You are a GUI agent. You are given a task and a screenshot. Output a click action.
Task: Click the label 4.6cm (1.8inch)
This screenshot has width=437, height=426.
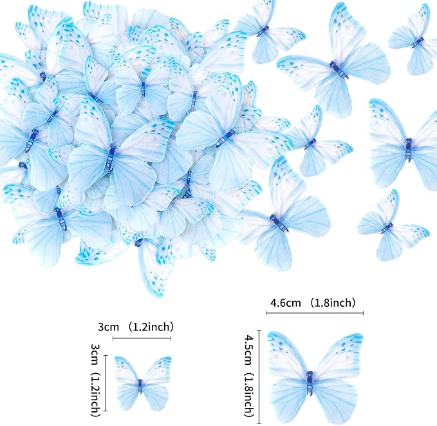tap(313, 303)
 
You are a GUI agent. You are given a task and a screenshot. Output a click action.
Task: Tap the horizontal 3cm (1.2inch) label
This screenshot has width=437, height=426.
tap(136, 327)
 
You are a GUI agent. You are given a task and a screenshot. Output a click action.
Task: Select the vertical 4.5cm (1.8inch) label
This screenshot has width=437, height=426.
tap(248, 376)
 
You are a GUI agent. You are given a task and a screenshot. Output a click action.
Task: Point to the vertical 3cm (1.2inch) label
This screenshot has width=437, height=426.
tap(95, 380)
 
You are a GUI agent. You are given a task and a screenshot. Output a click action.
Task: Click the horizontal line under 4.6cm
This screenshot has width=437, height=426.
tap(315, 313)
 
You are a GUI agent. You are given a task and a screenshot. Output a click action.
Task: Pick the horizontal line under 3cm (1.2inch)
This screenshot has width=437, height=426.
tap(142, 338)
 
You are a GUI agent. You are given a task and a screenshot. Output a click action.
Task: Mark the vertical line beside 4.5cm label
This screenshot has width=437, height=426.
tap(260, 377)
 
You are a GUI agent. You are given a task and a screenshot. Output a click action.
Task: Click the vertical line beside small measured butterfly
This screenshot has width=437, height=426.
tap(106, 383)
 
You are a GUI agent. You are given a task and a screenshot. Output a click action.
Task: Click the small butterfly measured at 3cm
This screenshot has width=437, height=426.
tap(143, 383)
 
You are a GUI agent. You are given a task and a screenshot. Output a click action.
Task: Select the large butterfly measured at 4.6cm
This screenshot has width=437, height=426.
tap(315, 377)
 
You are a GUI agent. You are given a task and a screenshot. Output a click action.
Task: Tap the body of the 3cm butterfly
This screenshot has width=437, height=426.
tap(140, 386)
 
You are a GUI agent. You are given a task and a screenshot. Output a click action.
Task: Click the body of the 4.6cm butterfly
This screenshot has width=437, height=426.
tap(310, 383)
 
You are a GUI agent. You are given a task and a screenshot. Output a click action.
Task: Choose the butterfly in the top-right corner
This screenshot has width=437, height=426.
tap(413, 39)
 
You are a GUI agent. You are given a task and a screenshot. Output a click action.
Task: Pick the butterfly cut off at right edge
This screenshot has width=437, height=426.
tap(404, 145)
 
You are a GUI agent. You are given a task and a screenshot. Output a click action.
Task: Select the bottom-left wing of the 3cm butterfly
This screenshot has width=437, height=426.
tap(128, 396)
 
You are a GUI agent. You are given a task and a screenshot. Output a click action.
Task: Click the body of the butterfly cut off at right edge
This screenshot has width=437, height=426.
tap(409, 150)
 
